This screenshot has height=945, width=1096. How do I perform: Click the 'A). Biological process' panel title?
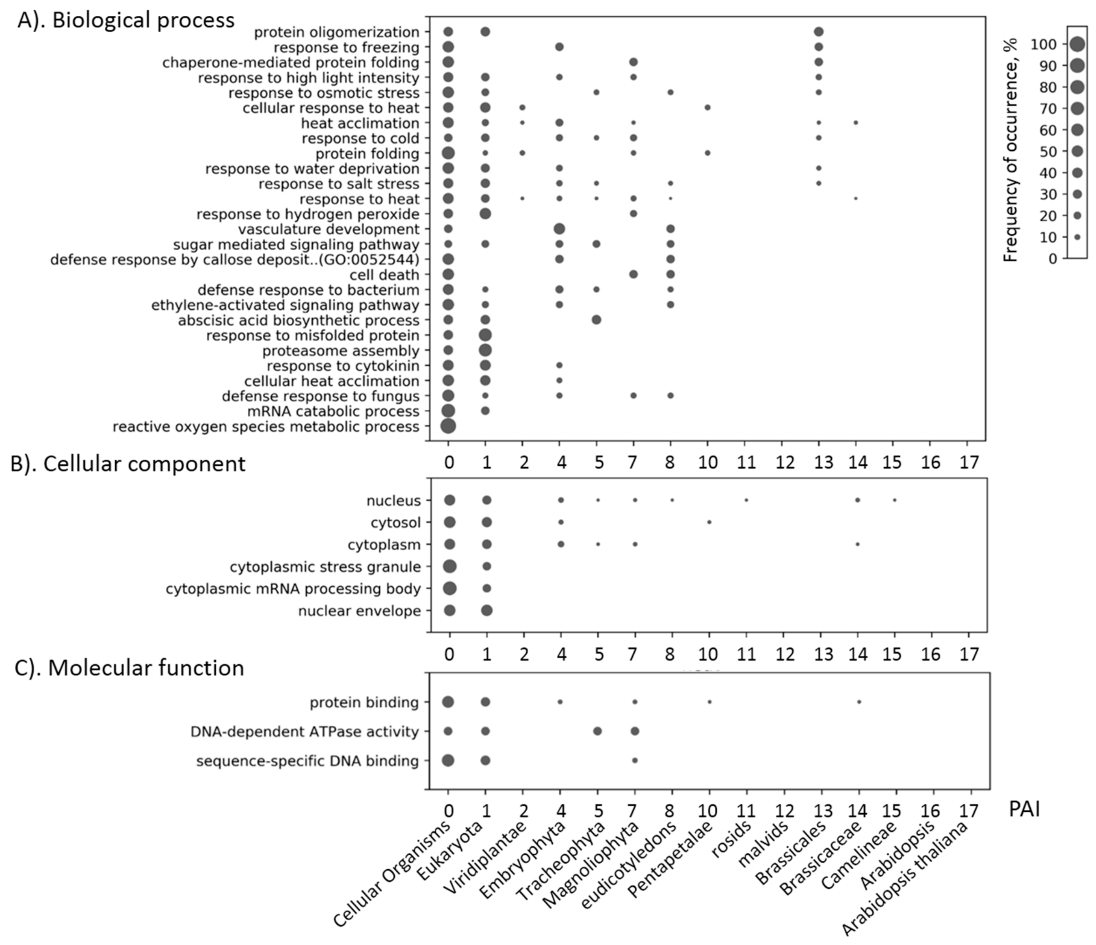tap(126, 20)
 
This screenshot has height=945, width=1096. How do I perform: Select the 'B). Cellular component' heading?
tap(128, 464)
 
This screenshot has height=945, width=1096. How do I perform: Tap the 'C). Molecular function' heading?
tap(130, 668)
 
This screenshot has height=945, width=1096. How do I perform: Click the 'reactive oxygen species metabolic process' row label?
tap(266, 426)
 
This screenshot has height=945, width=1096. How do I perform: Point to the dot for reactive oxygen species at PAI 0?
tap(448, 426)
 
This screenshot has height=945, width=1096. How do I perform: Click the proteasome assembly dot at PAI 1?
tap(485, 350)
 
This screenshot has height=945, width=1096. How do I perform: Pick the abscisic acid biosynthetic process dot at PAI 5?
tap(596, 320)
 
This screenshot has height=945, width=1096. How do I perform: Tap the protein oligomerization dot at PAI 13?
tap(819, 32)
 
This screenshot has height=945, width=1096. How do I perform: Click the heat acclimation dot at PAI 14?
tap(855, 123)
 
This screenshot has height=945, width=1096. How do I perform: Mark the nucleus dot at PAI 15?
tap(894, 500)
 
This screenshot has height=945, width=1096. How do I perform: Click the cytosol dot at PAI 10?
tap(709, 522)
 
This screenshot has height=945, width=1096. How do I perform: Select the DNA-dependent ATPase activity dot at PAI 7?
tap(635, 731)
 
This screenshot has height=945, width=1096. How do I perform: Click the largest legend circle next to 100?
tap(1077, 45)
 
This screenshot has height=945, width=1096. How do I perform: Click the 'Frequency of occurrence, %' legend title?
tap(1011, 150)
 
